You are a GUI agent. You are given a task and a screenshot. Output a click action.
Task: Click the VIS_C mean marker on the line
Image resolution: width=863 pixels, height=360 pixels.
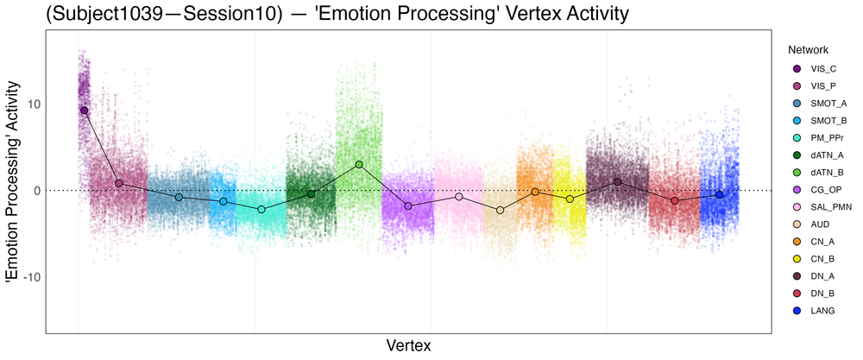point(84,111)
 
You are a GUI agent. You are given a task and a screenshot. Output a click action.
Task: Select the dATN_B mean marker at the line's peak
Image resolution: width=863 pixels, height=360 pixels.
point(359,164)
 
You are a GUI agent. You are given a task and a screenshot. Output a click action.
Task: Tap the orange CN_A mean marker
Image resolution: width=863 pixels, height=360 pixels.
point(535,192)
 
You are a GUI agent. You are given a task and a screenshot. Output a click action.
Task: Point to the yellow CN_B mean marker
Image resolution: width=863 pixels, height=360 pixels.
point(570,199)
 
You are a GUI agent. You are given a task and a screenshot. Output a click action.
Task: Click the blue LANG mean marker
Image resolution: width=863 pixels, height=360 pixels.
point(719,195)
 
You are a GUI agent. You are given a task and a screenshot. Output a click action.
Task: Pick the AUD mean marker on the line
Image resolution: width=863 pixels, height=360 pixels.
point(500,210)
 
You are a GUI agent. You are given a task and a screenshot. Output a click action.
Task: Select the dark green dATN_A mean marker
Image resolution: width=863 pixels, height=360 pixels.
point(311,193)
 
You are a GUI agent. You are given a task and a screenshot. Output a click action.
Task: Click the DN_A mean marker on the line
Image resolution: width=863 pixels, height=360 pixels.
point(617,182)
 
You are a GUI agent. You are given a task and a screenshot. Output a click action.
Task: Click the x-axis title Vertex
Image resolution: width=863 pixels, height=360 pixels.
point(408,345)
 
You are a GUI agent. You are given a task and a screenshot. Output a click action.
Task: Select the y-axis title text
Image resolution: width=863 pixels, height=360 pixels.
point(13,182)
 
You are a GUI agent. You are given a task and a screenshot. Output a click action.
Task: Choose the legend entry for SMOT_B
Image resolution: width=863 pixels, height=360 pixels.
point(824,121)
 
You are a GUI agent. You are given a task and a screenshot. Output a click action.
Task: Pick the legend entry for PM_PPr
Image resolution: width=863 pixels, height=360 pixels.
point(824,138)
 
